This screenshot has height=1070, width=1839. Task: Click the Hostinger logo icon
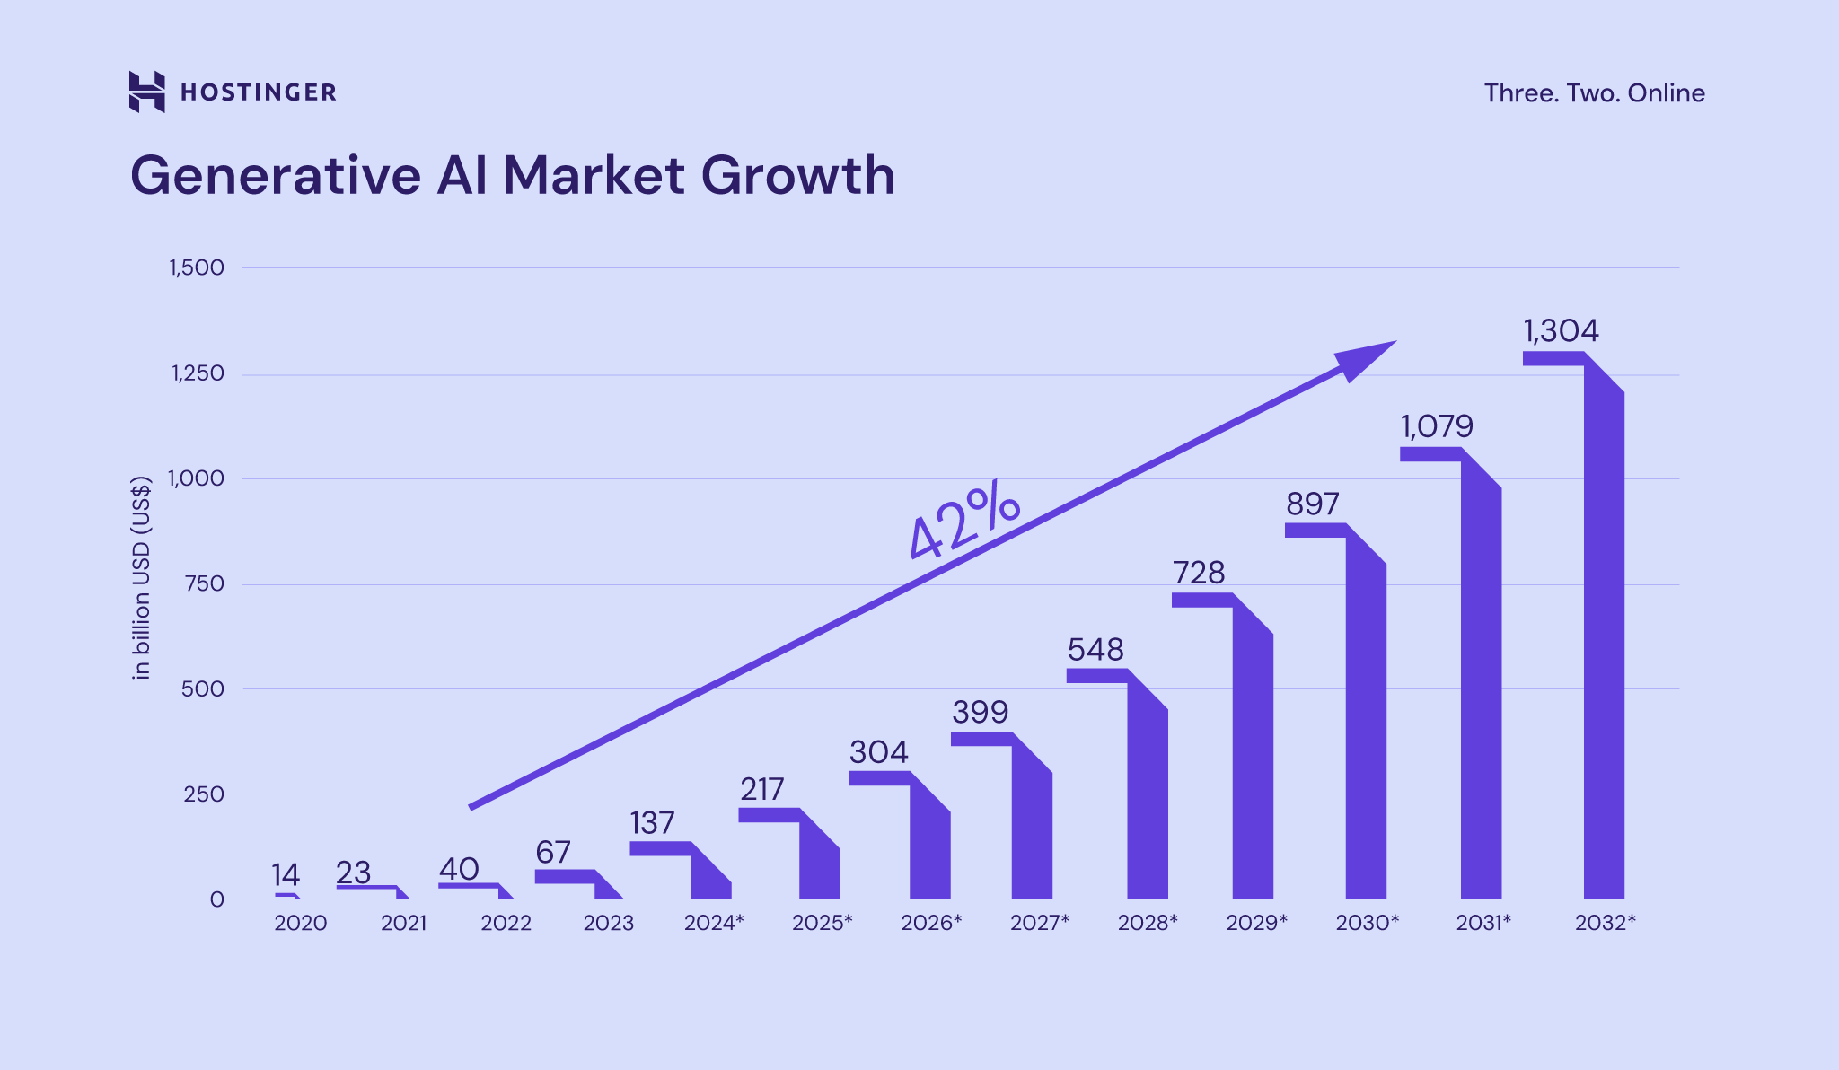click(x=146, y=92)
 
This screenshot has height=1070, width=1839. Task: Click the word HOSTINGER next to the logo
click(x=259, y=92)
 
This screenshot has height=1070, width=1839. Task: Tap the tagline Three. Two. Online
click(x=1594, y=93)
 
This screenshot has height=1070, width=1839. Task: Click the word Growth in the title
click(x=797, y=175)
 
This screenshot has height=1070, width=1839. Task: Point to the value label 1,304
click(x=1561, y=331)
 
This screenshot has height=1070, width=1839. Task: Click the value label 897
click(x=1312, y=504)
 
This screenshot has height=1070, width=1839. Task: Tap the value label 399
click(x=980, y=713)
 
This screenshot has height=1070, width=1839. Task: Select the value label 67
click(x=553, y=852)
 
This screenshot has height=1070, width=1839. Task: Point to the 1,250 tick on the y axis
click(x=198, y=373)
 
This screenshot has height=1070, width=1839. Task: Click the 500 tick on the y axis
click(x=202, y=689)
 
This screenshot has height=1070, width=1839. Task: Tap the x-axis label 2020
click(x=300, y=923)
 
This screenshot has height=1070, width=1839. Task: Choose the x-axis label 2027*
click(x=1040, y=923)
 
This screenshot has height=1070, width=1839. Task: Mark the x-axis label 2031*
click(x=1483, y=923)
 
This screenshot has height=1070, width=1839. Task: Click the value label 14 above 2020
click(x=286, y=874)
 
